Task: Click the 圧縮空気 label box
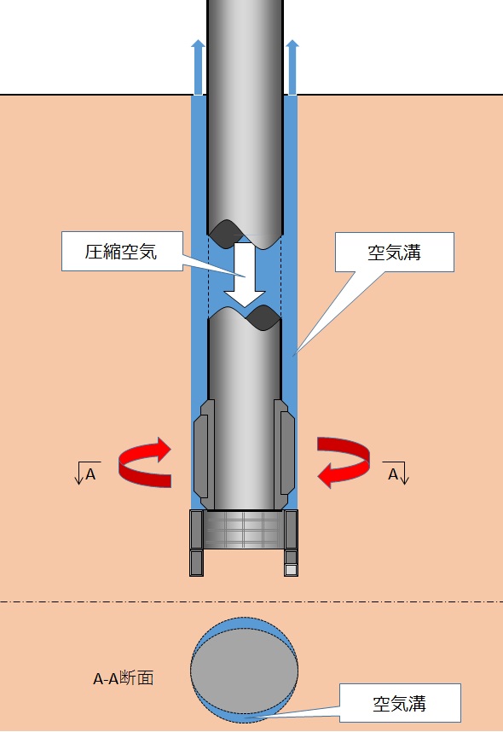coord(122,251)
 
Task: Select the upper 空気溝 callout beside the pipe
coord(394,252)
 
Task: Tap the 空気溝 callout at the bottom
coord(400,703)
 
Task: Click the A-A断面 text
coord(123,678)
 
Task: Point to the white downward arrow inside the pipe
coord(245,274)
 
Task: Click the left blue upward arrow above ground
coord(199,67)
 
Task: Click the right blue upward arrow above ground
coord(292,67)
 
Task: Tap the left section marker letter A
coord(90,474)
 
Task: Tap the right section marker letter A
coord(393,474)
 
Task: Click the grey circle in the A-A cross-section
coord(244,671)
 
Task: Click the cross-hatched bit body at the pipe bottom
coord(244,529)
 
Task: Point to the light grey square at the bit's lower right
coord(292,570)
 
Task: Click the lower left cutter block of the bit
coord(196,563)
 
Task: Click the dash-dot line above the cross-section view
coord(251,601)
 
